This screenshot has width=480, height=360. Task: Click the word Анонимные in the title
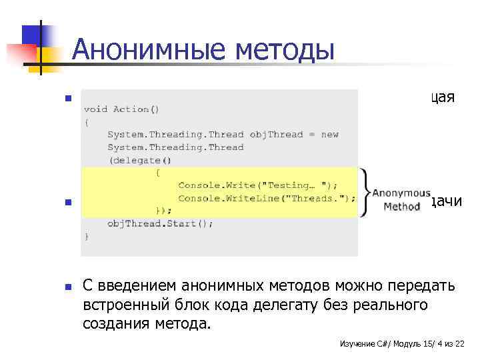click(135, 49)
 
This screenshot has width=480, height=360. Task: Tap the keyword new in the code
click(330, 134)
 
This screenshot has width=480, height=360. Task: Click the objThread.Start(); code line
click(160, 223)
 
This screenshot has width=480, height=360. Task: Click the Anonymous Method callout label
click(401, 200)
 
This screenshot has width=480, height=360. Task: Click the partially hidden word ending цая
click(442, 97)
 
